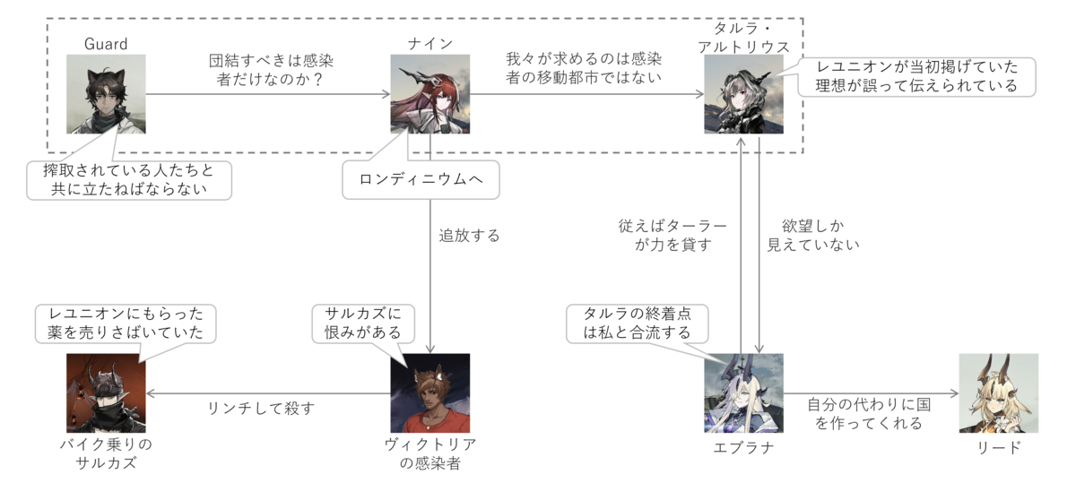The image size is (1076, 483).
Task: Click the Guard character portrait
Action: [x=106, y=94]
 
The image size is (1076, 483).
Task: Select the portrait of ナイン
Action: [x=430, y=94]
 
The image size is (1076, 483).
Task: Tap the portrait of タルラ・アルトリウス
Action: [x=743, y=94]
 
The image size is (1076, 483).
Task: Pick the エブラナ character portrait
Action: [x=743, y=393]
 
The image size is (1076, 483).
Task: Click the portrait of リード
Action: [x=999, y=393]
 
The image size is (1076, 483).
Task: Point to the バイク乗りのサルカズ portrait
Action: [x=106, y=393]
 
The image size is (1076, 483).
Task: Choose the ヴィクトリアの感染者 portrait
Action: [x=430, y=393]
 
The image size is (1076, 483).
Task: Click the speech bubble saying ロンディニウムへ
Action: [x=421, y=179]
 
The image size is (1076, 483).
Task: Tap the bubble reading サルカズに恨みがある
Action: [x=363, y=323]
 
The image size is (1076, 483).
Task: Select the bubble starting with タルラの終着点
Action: [x=637, y=323]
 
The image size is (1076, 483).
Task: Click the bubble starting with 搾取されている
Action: [x=129, y=180]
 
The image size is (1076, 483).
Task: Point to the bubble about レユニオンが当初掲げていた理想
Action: [x=916, y=77]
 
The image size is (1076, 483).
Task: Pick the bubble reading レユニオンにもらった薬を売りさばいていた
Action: [x=126, y=323]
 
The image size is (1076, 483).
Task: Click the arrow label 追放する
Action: [x=469, y=236]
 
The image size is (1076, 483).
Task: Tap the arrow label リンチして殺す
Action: [x=261, y=409]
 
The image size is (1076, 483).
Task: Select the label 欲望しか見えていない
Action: [x=812, y=236]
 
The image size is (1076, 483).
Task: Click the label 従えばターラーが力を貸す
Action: [x=672, y=236]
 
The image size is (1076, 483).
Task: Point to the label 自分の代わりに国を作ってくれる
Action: [x=869, y=413]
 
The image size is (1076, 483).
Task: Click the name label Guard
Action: [x=106, y=44]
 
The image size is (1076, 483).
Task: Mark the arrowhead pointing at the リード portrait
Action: [x=955, y=393]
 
